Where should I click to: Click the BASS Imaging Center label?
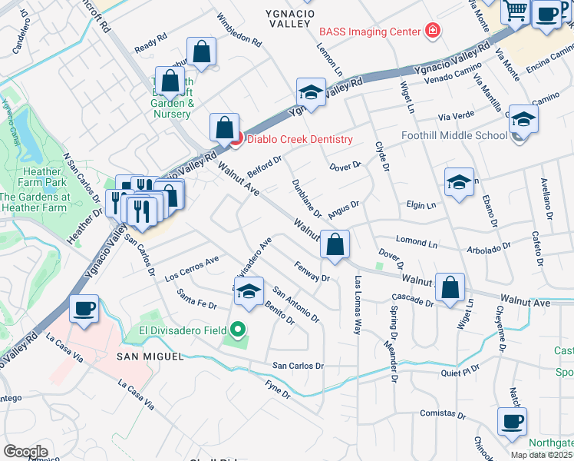[x=370, y=32]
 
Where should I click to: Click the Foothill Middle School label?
[x=454, y=136]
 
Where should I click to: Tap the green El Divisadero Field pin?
[x=238, y=331]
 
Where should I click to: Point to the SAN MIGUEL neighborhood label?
[x=150, y=357]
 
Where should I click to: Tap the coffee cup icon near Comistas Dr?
[x=512, y=420]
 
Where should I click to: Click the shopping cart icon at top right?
[x=516, y=11]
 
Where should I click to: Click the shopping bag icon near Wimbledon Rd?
[x=201, y=52]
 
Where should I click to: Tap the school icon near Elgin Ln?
[x=459, y=182]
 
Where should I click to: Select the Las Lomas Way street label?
[x=357, y=305]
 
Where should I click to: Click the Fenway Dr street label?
[x=312, y=271]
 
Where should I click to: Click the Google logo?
[x=25, y=451]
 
